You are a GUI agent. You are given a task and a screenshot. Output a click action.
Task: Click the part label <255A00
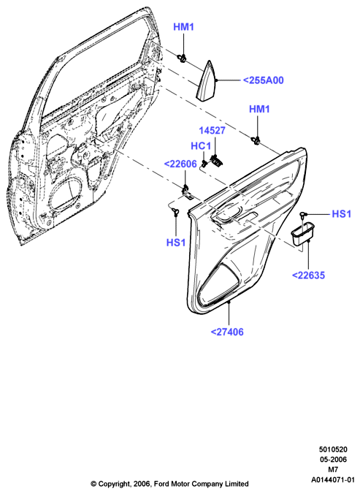(264, 80)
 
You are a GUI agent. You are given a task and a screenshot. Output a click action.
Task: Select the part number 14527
(212, 130)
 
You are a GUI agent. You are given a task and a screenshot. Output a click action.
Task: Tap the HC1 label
(201, 146)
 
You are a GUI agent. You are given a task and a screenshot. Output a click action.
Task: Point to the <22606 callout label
(180, 164)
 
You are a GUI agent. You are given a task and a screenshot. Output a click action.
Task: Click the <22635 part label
(308, 275)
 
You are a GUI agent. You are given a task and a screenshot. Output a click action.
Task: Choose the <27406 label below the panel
(227, 332)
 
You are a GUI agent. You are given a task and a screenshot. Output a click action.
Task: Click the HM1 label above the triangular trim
(184, 27)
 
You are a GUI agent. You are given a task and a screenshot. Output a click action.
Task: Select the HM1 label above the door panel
(259, 110)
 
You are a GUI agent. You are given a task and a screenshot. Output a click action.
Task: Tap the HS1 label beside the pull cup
(342, 214)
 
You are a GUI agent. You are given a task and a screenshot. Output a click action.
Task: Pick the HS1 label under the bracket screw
(176, 243)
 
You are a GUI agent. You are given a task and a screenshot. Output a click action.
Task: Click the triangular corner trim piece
(207, 81)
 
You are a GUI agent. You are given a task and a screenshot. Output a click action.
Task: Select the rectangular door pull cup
(303, 235)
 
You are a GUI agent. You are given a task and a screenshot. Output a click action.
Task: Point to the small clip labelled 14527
(216, 161)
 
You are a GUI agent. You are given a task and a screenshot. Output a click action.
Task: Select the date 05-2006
(333, 460)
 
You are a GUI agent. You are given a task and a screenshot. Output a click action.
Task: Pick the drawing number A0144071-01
(333, 480)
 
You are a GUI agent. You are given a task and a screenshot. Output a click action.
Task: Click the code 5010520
(333, 449)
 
